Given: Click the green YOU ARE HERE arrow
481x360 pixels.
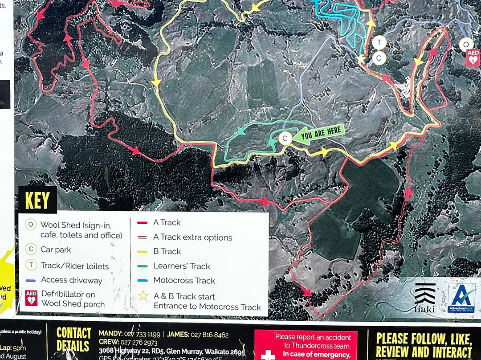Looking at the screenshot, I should (x=318, y=133).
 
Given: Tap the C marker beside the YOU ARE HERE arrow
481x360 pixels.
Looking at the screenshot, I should (x=285, y=138).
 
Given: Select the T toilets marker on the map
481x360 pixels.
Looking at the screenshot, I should (x=379, y=43).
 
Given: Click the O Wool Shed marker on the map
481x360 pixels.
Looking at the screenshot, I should (x=466, y=45).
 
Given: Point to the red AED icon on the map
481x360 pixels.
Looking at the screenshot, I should (x=473, y=58).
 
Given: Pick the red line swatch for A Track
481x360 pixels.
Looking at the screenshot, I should (x=143, y=222).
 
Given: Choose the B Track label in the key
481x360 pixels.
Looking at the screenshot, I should (x=167, y=251).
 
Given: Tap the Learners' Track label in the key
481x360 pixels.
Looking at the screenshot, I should (x=182, y=266).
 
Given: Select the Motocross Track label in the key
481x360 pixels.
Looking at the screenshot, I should (x=184, y=280).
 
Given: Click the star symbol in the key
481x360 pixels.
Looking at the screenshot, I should (x=143, y=296).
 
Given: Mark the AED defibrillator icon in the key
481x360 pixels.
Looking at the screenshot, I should (x=31, y=298).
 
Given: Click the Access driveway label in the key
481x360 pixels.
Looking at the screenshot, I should (x=71, y=280).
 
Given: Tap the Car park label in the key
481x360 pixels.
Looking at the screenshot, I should (x=56, y=250).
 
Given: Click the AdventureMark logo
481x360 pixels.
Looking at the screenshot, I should (x=461, y=298).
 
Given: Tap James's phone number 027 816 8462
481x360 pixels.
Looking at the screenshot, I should (x=209, y=335).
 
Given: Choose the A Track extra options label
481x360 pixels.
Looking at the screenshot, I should (x=192, y=237).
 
